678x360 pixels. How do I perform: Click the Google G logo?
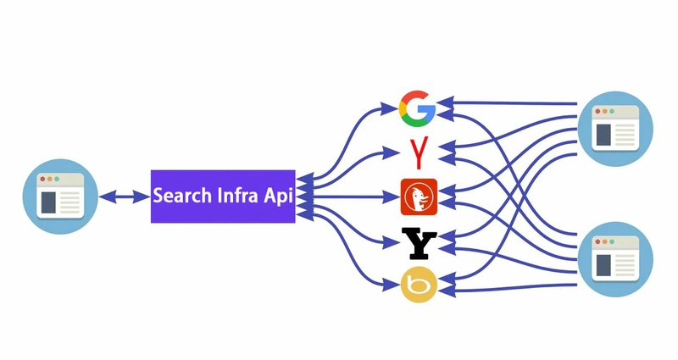point(417,108)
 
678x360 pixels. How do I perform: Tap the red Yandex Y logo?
point(417,152)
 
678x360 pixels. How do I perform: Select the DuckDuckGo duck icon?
point(418,197)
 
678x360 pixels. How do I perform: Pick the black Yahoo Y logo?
point(418,243)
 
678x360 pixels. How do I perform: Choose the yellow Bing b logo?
point(417,285)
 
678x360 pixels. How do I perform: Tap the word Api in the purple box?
point(278,197)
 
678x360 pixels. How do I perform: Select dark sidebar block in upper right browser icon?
point(603,134)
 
